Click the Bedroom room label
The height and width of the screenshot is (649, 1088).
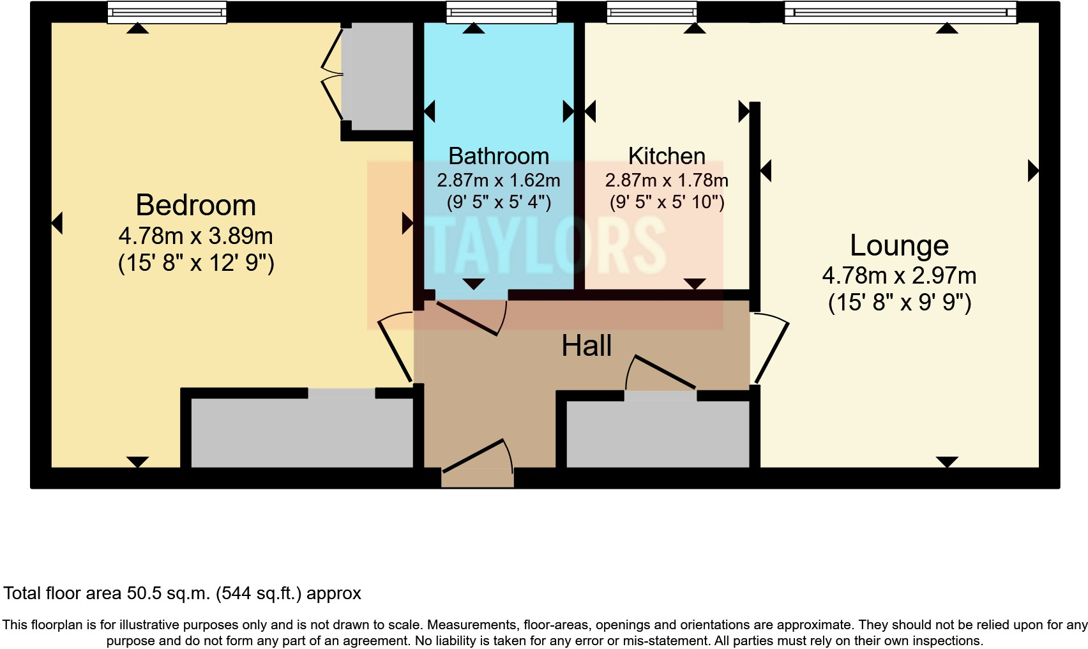tap(196, 205)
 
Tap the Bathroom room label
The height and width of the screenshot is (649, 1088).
tap(499, 156)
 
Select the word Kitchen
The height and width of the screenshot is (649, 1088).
tap(667, 156)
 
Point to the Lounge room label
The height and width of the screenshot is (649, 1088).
tap(899, 246)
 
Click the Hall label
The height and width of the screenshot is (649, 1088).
tap(586, 346)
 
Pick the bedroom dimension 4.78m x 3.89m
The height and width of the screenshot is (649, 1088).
tap(196, 236)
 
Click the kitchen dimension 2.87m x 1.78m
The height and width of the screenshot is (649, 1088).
tap(667, 181)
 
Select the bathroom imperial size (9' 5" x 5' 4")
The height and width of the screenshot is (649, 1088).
tap(499, 202)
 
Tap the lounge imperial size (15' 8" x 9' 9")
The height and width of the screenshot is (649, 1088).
tap(900, 303)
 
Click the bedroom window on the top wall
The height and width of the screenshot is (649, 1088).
tap(167, 12)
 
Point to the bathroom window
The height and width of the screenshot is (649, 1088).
tap(501, 12)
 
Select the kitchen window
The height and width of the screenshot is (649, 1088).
tap(651, 12)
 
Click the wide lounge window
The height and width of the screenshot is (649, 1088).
tap(900, 12)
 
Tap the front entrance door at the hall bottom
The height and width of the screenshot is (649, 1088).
tap(478, 457)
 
